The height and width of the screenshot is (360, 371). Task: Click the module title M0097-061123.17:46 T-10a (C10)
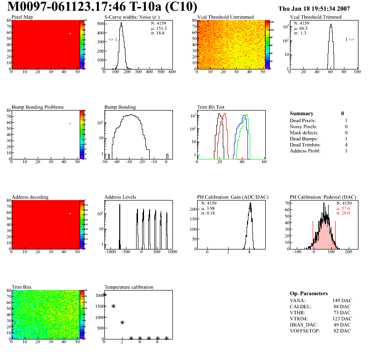point(103,7)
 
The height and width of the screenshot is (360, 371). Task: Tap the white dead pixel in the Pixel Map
point(70,34)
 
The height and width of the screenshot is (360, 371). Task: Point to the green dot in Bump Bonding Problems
point(70,124)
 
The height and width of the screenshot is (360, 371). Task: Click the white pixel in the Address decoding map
point(70,214)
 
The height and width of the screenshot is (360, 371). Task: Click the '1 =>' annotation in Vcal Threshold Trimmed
point(350,40)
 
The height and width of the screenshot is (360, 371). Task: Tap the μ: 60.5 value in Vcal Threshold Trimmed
point(300,28)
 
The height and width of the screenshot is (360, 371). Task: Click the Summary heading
point(302,113)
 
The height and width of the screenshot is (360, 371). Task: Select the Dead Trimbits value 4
point(346,145)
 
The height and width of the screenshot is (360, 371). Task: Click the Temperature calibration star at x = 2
point(122,322)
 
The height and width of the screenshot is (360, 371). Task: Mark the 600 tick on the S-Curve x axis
point(172,72)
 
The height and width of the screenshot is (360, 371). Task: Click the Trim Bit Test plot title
point(211,107)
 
